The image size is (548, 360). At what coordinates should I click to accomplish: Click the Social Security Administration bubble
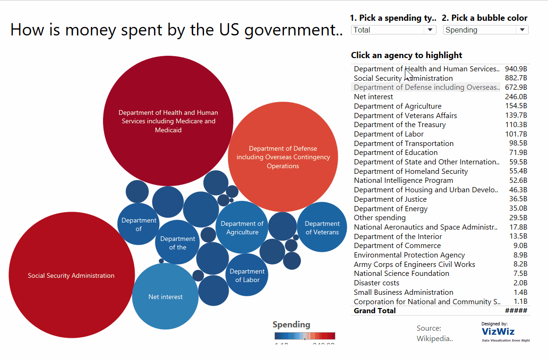point(71,275)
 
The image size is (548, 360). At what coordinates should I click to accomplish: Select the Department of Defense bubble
point(283,157)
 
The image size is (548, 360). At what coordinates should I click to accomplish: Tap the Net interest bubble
point(165,297)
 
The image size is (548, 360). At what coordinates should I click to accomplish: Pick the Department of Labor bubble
point(247,275)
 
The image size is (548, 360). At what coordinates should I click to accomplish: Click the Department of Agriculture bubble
point(242,227)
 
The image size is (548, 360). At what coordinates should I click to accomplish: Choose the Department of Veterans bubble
point(322,227)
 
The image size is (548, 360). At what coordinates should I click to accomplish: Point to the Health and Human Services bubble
point(168,121)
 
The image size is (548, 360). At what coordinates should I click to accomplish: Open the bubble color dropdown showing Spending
point(485,30)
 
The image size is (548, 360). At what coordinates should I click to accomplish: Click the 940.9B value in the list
point(516,69)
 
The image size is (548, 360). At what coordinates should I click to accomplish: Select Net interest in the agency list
point(373,97)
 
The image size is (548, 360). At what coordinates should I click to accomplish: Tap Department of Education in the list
point(395,153)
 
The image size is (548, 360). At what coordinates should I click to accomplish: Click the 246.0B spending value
point(516,97)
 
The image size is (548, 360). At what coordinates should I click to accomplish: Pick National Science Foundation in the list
point(402,274)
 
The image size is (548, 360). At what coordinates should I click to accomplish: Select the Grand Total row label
point(375,311)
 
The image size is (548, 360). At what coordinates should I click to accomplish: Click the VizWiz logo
point(498,332)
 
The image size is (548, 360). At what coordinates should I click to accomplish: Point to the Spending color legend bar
point(305,336)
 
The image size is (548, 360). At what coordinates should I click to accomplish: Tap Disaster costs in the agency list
point(377,283)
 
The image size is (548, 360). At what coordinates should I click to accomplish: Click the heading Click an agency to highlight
point(406,55)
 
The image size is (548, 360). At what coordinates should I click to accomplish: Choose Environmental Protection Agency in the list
point(409,255)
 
